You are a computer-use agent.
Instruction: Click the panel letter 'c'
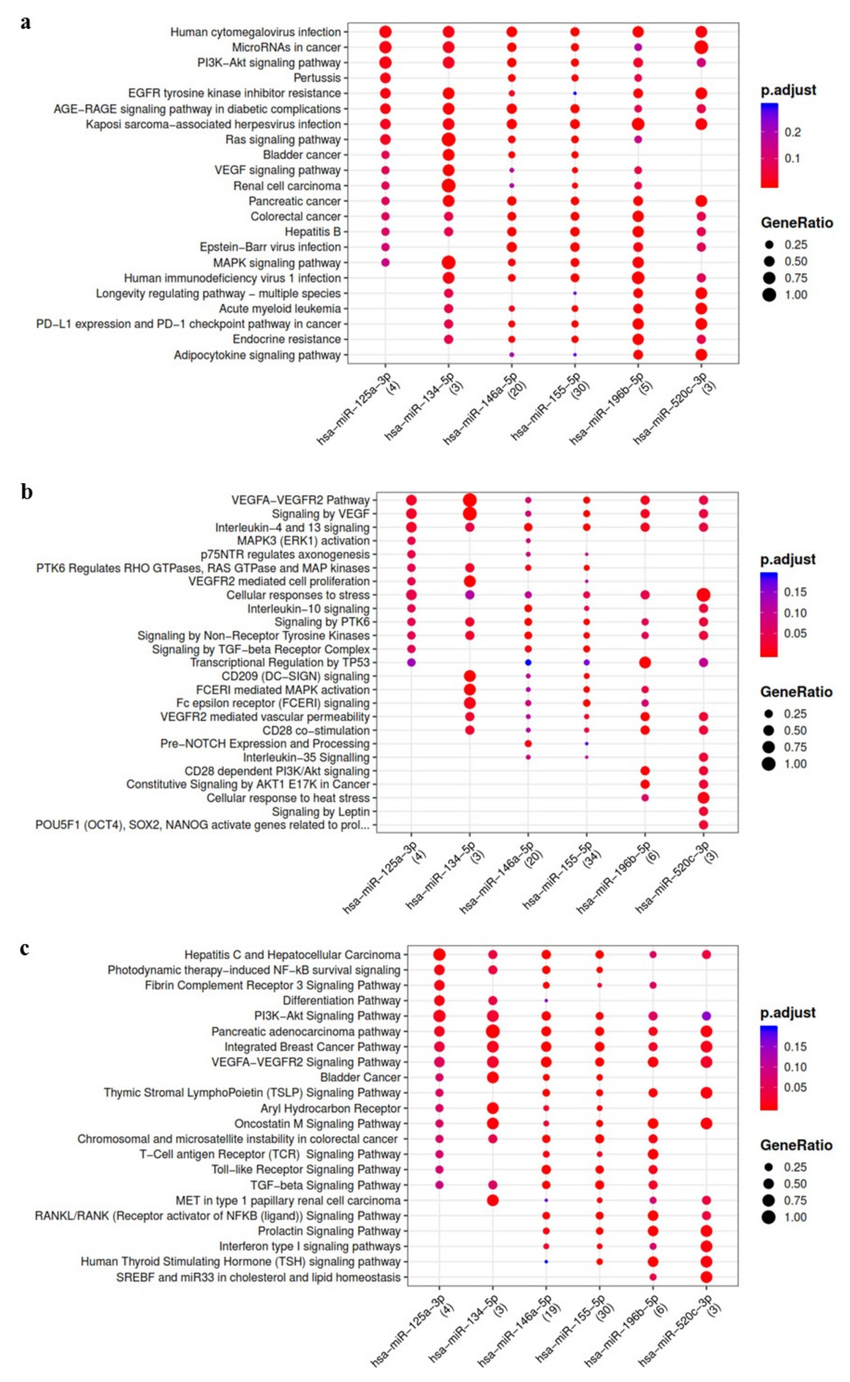tap(24, 949)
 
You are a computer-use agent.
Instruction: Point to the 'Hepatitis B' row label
tap(313, 232)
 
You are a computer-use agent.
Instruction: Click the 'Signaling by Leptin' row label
tap(321, 812)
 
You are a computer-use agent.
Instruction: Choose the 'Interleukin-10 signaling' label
tap(308, 609)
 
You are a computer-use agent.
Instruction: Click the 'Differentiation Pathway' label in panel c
tap(341, 1001)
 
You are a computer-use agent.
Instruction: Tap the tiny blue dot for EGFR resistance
tap(575, 93)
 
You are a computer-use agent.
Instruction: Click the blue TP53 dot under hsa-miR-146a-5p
tap(528, 663)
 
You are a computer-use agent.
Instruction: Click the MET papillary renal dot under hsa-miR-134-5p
tap(492, 1200)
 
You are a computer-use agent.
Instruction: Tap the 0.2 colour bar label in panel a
tap(793, 132)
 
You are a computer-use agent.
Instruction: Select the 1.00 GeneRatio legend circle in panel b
tap(769, 764)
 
